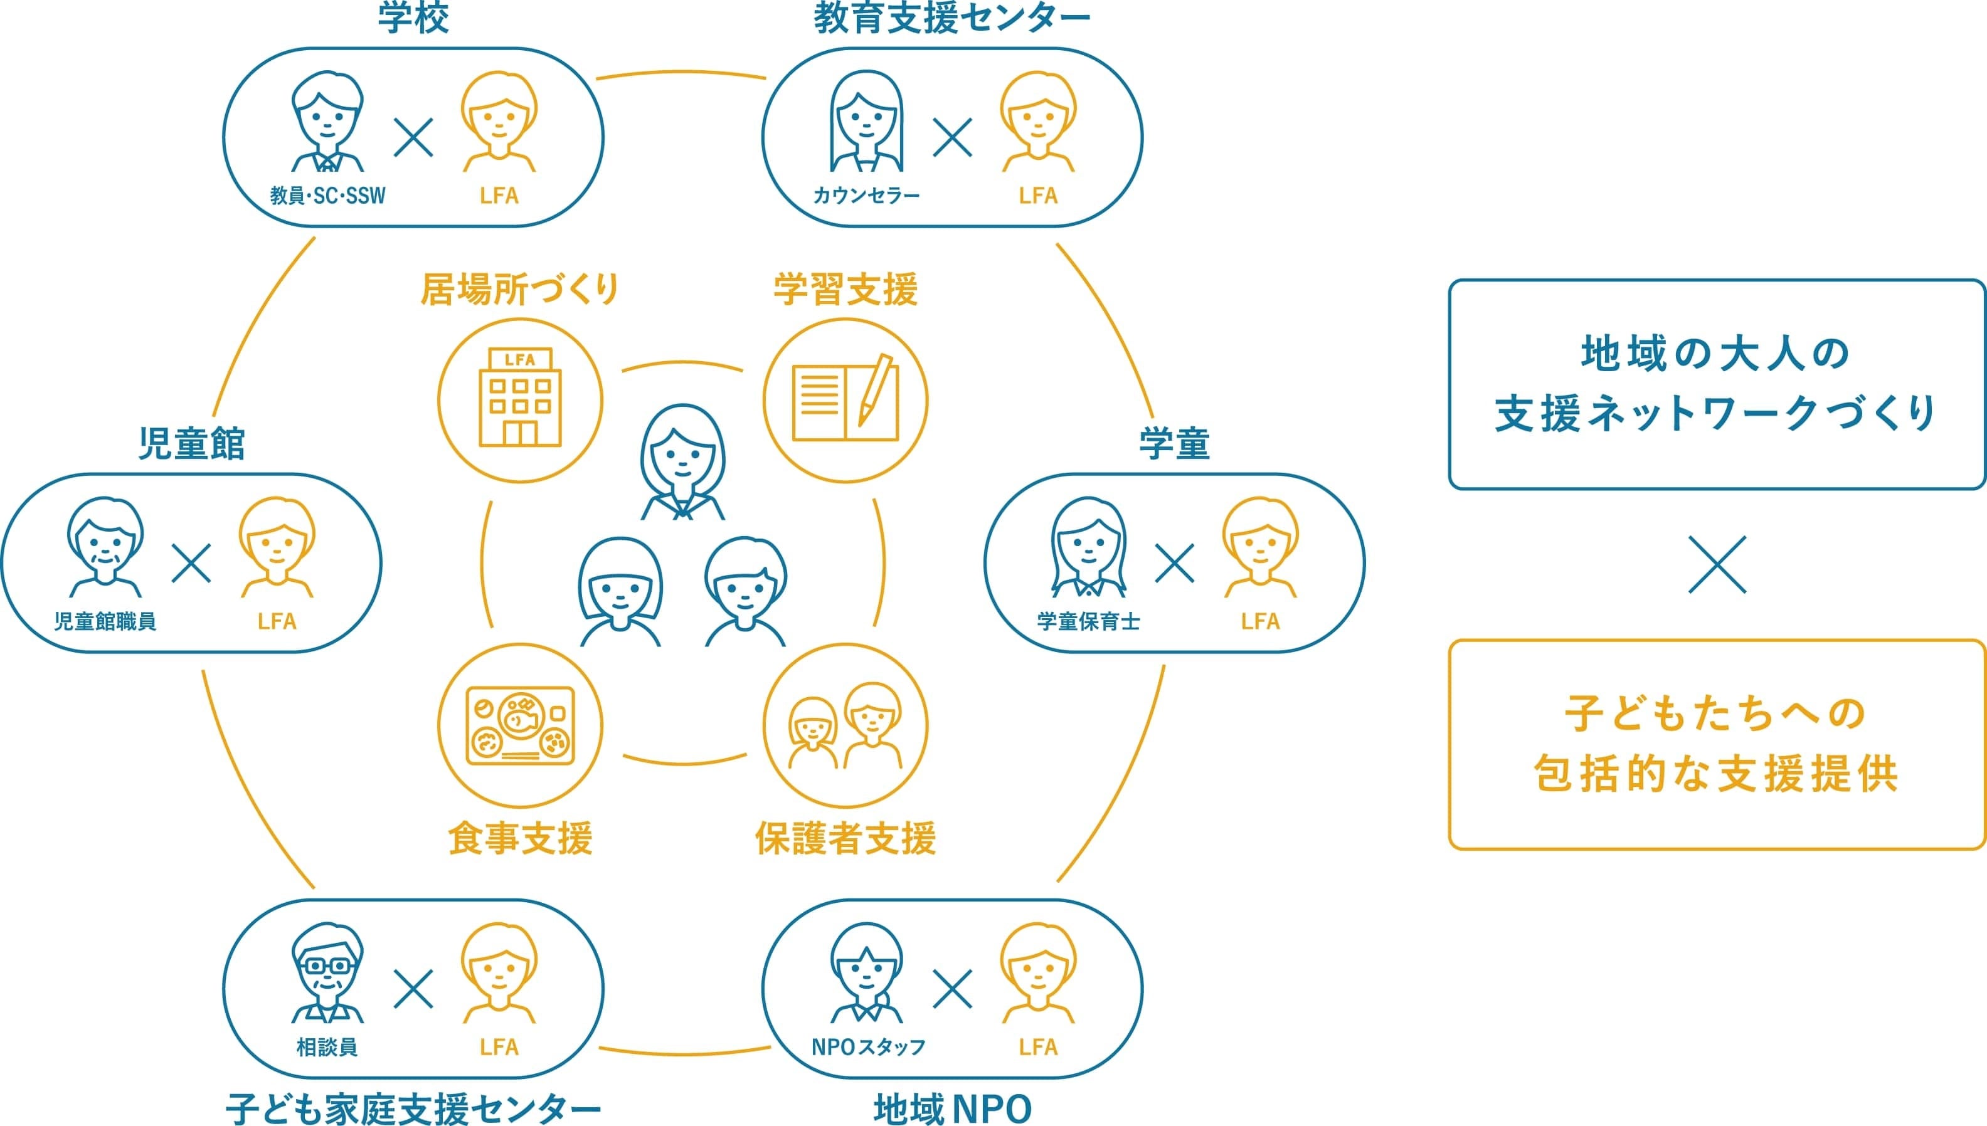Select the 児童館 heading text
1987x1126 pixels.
191,444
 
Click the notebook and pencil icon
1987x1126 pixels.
845,400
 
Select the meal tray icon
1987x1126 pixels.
520,725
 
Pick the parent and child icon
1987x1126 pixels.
845,725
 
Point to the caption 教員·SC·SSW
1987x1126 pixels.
327,196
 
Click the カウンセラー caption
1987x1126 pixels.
866,196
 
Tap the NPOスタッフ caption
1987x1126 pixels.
868,1047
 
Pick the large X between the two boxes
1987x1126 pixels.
1717,564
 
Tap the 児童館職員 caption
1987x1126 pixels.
105,621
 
